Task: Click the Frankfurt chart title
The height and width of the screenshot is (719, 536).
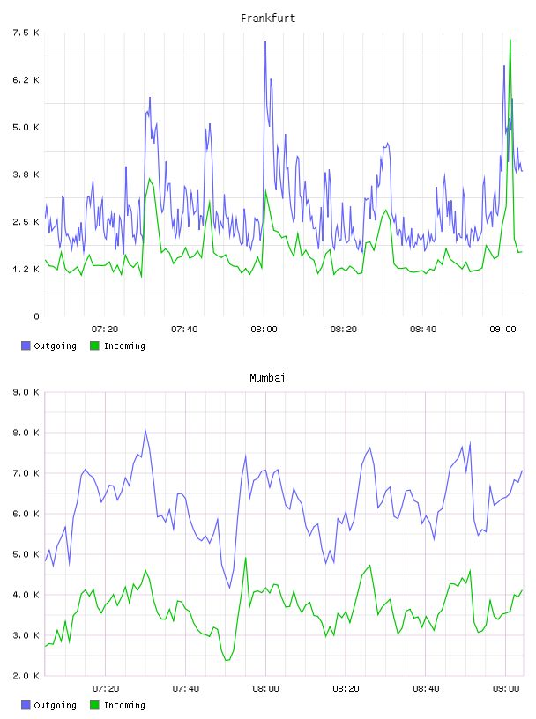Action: coord(268,19)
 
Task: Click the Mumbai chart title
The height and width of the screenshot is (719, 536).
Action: coord(267,378)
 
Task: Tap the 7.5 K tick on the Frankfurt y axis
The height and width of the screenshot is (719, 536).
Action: coord(26,33)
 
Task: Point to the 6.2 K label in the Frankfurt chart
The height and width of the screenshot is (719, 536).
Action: coord(26,80)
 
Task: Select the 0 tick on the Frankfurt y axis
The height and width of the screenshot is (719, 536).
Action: coord(36,316)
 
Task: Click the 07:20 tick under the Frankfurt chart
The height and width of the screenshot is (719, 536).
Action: coord(105,329)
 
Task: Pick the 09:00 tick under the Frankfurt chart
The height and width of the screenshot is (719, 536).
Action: coord(503,329)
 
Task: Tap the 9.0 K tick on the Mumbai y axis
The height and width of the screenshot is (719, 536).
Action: coord(26,392)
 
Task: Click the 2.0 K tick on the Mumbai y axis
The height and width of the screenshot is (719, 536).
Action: coord(26,676)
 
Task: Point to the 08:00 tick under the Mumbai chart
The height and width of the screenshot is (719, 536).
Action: coord(265,688)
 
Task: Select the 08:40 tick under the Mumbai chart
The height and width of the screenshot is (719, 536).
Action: coord(426,688)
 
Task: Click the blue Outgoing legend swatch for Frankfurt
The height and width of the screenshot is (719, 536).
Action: coord(26,345)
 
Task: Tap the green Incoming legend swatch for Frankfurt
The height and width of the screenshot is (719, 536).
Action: coord(94,345)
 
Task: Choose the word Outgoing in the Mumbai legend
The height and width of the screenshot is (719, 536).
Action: coord(55,705)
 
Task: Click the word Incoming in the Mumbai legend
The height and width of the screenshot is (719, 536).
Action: coord(125,705)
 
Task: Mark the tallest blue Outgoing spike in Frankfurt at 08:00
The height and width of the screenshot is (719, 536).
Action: coord(265,42)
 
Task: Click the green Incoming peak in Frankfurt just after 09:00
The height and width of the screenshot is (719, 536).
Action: coord(510,40)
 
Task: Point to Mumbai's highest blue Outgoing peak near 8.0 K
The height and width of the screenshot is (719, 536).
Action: coord(145,430)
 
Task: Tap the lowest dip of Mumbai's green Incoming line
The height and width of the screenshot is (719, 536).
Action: coord(227,660)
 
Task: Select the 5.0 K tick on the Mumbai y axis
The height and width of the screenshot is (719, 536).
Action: coord(26,554)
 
